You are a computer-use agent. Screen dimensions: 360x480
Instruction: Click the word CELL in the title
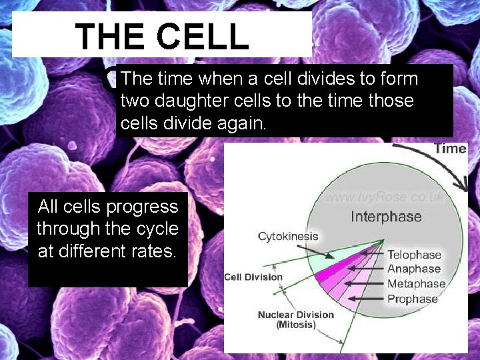203,37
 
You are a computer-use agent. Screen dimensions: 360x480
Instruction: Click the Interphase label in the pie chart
386,217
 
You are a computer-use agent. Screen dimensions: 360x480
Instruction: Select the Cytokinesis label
288,236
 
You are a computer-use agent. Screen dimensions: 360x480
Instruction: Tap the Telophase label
414,254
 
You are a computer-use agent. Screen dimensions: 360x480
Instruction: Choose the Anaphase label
414,269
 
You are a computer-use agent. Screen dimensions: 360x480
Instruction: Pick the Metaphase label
416,284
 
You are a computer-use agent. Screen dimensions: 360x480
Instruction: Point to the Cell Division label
253,277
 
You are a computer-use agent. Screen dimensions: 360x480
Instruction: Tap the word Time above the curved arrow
450,148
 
